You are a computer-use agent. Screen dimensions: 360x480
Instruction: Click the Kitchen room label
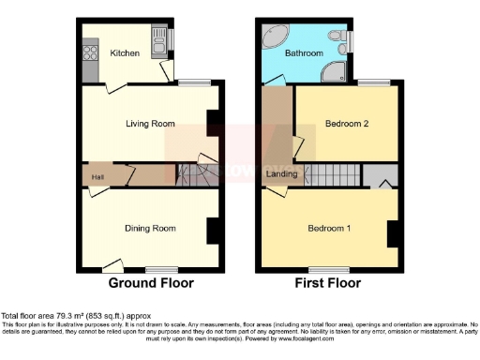[x=126, y=53]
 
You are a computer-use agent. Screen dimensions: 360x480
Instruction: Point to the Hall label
[x=97, y=175]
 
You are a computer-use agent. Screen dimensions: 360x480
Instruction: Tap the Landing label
[x=282, y=174]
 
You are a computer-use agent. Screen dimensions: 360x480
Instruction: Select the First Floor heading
[x=329, y=282]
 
